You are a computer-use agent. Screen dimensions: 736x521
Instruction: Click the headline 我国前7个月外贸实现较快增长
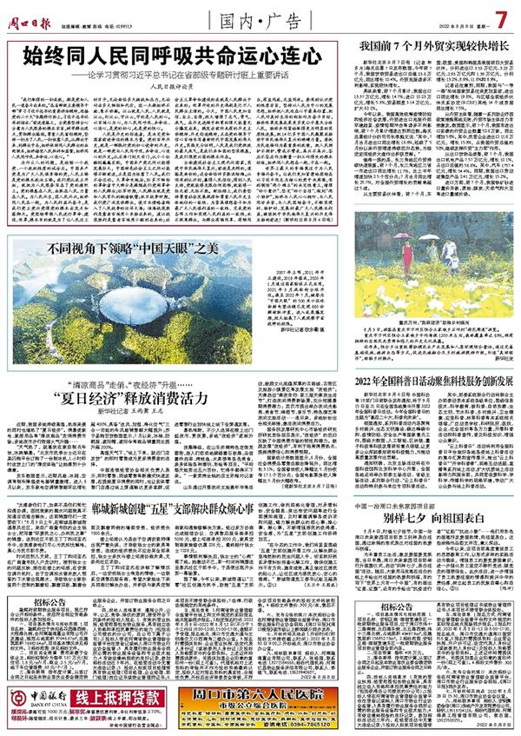click(x=425, y=43)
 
